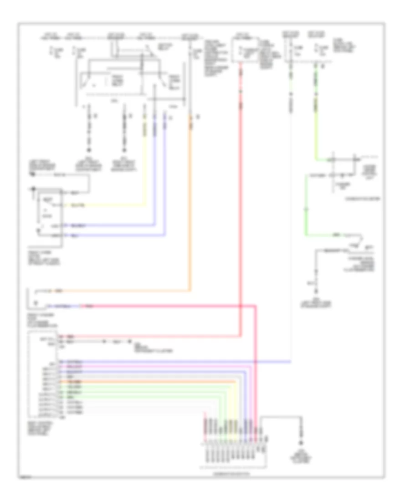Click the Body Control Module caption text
[41, 428]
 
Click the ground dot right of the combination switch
[300, 443]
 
